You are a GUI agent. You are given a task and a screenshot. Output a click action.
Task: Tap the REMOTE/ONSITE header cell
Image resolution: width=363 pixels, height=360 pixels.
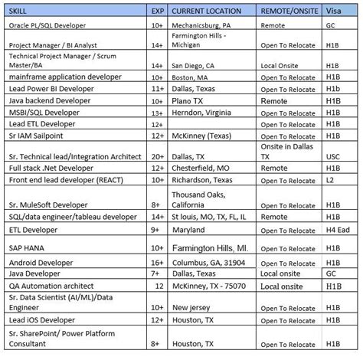289,11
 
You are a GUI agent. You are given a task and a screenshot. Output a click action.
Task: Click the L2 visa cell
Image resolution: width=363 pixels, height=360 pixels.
332,179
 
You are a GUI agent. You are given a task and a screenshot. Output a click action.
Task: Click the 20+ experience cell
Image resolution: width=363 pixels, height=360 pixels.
156,155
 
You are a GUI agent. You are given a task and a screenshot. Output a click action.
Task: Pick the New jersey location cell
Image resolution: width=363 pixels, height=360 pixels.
194,306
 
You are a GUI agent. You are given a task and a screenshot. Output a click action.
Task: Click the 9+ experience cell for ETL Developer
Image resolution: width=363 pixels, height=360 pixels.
157,228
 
